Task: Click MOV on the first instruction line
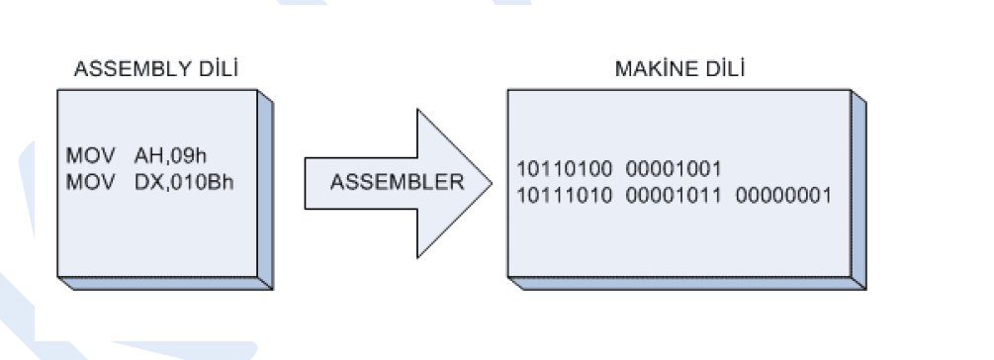pos(86,155)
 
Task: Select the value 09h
pos(190,155)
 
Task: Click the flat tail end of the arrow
pos(307,182)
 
